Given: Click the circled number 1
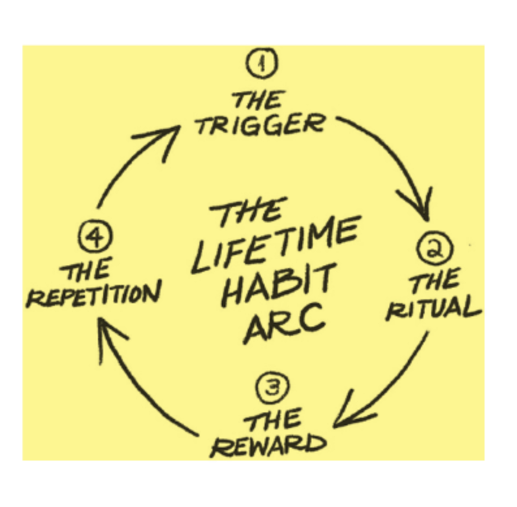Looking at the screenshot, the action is (262, 62).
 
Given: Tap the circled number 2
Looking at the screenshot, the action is (435, 248).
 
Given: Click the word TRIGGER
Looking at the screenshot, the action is (260, 125).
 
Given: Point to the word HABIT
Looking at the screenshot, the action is (278, 285).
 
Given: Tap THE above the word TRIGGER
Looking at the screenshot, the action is (257, 100).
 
